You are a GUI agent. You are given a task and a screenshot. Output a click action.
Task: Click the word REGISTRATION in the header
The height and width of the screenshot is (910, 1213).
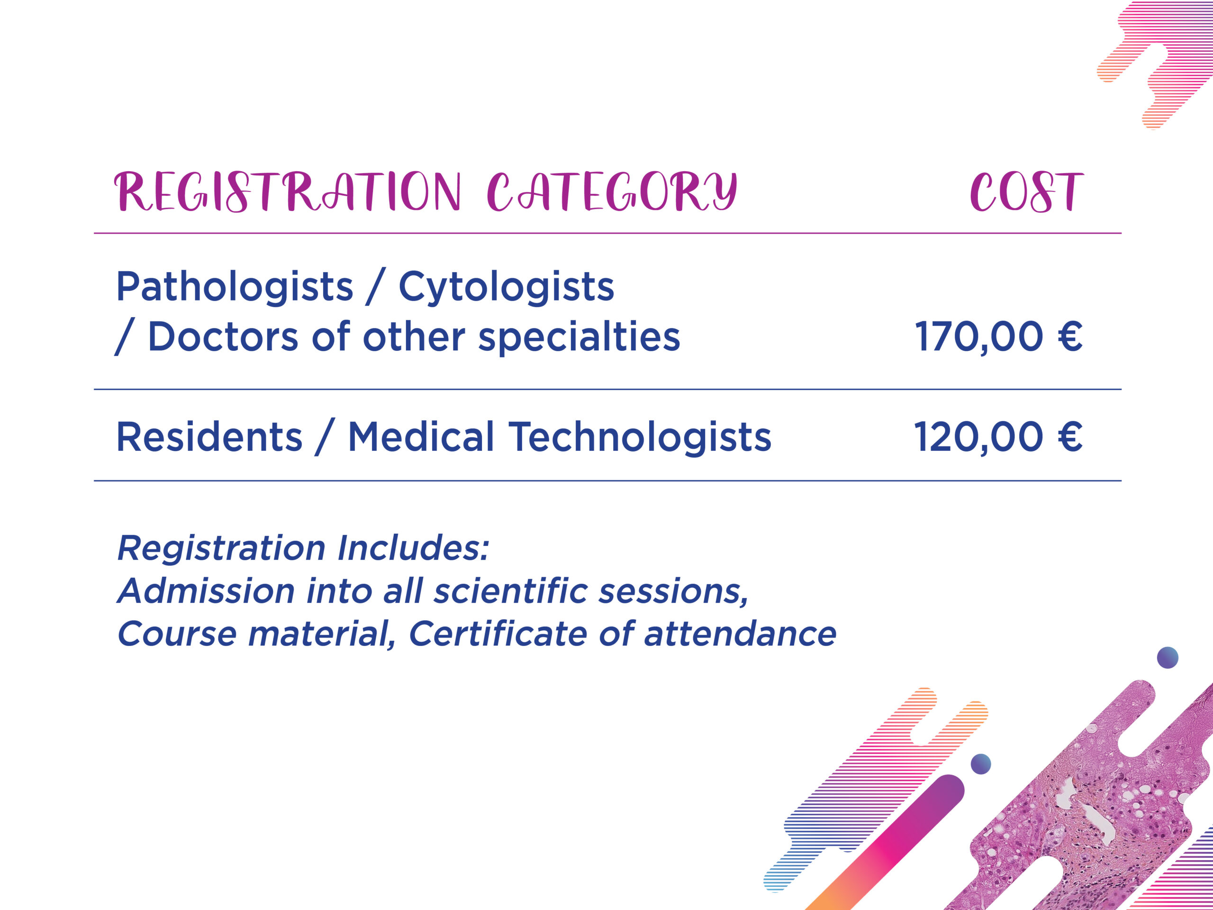coord(287,191)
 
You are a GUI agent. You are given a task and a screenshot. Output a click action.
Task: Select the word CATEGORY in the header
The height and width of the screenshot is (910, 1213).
coord(612,191)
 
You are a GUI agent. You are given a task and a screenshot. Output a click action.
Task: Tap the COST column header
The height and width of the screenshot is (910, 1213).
coord(1027,192)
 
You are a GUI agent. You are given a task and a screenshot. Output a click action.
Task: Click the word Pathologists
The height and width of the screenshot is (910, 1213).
coord(235,287)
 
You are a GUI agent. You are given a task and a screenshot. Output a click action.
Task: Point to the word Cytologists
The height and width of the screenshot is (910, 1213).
coord(506,287)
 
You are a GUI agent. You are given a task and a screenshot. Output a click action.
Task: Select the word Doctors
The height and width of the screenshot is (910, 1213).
coord(223,336)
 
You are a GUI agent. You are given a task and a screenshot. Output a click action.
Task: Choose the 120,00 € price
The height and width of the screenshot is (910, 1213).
coord(998,437)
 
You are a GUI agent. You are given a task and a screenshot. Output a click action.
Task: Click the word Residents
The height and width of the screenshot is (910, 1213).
coord(209,437)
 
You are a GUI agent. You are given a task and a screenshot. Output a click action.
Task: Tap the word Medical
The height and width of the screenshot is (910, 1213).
coord(421,437)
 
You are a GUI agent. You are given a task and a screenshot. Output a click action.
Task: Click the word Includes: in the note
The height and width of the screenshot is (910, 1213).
coord(412,548)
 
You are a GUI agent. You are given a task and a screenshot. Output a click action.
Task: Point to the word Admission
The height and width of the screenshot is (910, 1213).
coord(206,591)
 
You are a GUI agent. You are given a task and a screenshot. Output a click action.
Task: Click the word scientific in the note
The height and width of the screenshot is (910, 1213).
coord(510,591)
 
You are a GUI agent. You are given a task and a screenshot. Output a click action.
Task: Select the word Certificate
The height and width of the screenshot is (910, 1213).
coord(498,634)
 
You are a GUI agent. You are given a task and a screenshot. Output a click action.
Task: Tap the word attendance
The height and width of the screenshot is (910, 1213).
coord(740,634)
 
